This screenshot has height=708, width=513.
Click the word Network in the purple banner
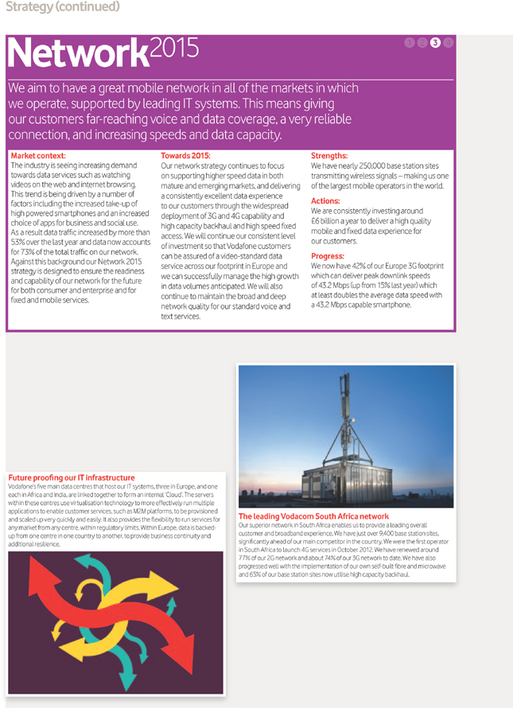point(76,53)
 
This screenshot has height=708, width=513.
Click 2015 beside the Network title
point(174,49)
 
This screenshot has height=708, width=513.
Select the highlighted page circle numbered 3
point(435,43)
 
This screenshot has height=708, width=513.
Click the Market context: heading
point(39,156)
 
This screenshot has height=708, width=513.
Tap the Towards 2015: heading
point(185,156)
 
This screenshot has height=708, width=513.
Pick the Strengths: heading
point(329,156)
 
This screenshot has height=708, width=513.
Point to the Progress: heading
point(328,256)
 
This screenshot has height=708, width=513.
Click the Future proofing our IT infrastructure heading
point(72,477)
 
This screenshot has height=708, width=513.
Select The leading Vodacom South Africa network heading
point(313,516)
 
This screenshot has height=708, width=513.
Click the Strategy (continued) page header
point(62,7)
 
